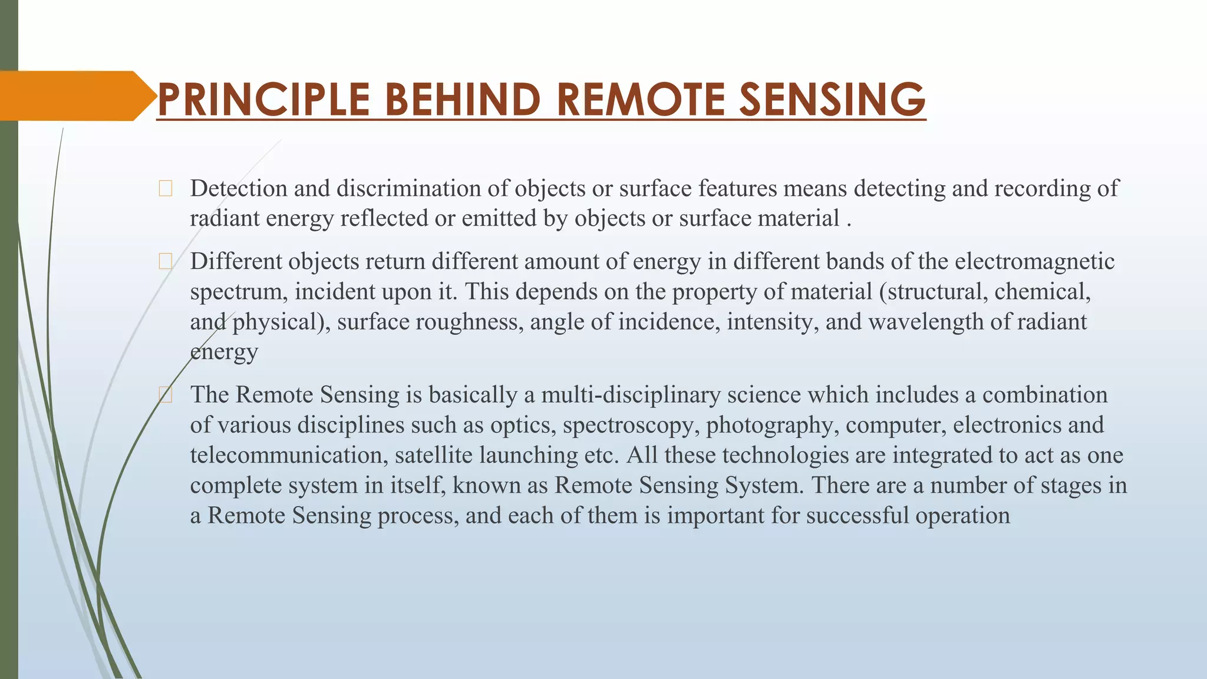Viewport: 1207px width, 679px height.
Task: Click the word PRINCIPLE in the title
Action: click(263, 99)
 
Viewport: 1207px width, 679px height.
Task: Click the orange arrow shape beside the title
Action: click(74, 96)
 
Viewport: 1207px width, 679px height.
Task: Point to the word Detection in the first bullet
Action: click(239, 189)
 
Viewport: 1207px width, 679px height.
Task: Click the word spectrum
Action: click(239, 292)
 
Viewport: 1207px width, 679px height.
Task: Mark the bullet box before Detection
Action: click(166, 189)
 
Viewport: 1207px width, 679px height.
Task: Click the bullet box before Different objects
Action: click(166, 262)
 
